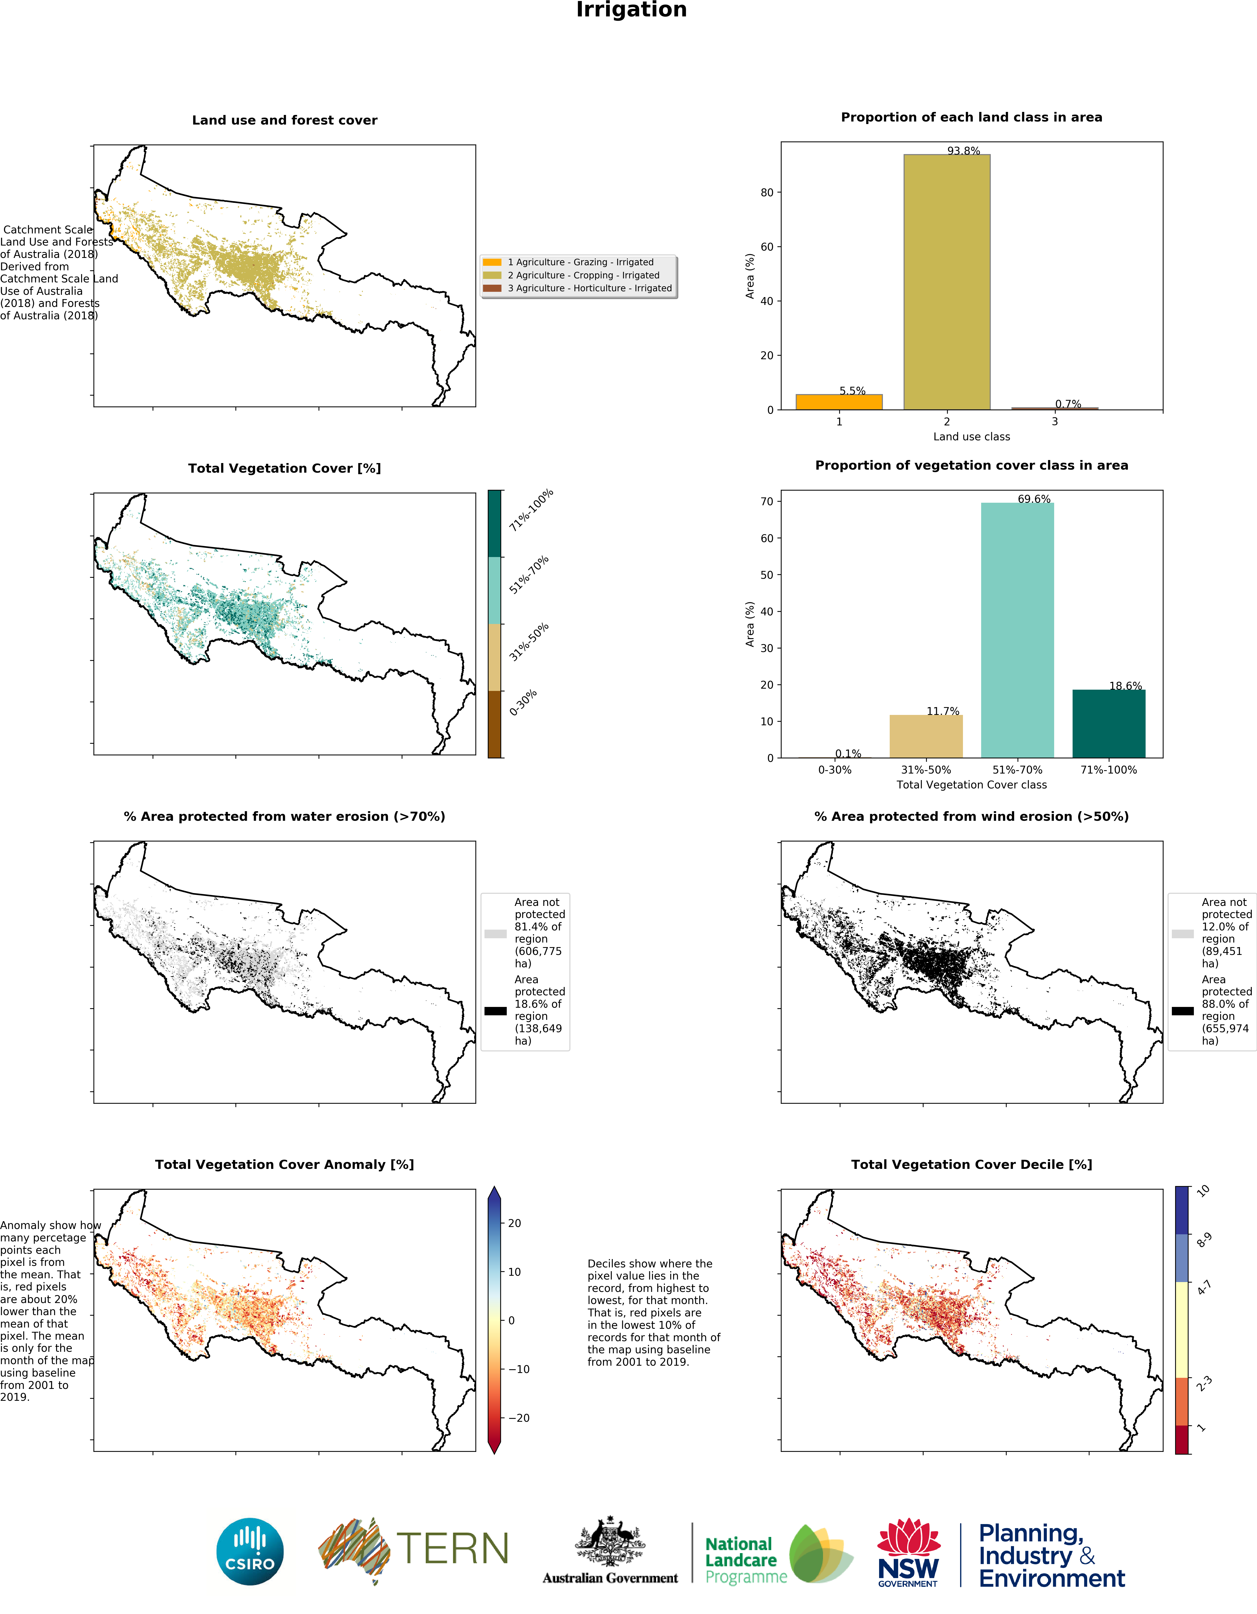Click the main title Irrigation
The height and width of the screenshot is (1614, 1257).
[x=631, y=10]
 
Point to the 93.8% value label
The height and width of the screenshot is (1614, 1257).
[x=964, y=151]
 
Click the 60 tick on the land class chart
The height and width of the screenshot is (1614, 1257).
[x=767, y=247]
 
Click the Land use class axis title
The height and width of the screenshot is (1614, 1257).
[x=971, y=437]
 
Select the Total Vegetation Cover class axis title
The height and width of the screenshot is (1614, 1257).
[x=971, y=785]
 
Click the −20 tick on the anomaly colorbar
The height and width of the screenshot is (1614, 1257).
[x=519, y=1417]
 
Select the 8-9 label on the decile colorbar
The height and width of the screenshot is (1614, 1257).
[x=1204, y=1239]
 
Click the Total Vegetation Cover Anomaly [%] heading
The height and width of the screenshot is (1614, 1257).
[x=284, y=1165]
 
